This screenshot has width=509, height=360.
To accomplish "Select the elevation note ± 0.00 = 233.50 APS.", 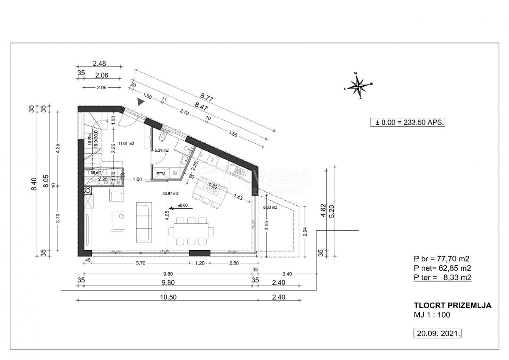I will click(408, 122).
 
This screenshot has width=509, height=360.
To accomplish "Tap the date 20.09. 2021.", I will click(437, 334).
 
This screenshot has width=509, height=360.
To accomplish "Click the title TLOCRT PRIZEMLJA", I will click(453, 305).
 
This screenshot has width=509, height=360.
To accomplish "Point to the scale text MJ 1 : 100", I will click(432, 315).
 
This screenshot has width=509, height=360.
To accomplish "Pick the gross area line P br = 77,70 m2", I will click(443, 258).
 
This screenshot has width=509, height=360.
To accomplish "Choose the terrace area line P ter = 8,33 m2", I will click(443, 277).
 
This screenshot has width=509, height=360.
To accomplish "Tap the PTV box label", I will click(160, 173).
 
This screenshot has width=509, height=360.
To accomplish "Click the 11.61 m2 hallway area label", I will click(126, 144).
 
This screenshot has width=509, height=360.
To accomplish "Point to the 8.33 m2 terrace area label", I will click(270, 207).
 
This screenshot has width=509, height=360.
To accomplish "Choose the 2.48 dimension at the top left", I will click(99, 64).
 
